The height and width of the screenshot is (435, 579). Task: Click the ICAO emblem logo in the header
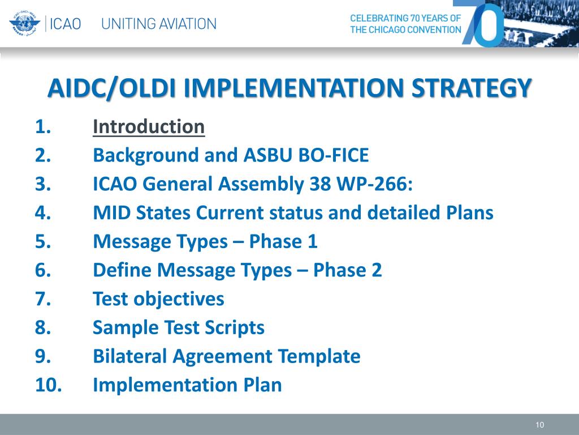tap(24, 23)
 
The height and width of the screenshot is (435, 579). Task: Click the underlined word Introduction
tap(149, 127)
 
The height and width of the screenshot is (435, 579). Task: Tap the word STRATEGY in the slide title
tap(471, 88)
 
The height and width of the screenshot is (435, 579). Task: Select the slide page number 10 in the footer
tap(539, 425)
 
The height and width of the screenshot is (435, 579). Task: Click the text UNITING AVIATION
tap(159, 24)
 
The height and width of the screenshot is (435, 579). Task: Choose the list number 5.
tap(43, 241)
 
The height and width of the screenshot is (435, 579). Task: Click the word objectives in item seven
tap(179, 299)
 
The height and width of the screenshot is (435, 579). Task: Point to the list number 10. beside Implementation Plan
tap(49, 385)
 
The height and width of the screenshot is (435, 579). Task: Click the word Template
tap(319, 357)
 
